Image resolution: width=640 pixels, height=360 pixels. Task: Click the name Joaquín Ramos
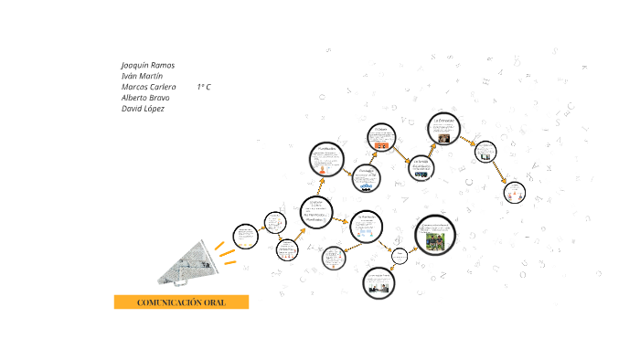(148, 66)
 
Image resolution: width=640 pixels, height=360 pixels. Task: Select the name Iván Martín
(142, 77)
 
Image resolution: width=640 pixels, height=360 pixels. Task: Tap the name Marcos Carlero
(149, 87)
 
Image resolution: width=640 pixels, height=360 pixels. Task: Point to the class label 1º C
(204, 87)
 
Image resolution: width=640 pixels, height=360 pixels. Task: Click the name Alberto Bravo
(145, 98)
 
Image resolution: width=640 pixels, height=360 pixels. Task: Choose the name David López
(143, 109)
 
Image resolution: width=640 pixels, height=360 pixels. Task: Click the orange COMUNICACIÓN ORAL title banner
(181, 302)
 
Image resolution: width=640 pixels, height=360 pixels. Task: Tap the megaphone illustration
(189, 263)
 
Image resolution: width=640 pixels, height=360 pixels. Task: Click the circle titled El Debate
(382, 140)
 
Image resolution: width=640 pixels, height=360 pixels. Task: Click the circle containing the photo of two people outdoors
(434, 236)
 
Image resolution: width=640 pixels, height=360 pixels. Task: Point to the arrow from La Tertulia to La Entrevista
(432, 150)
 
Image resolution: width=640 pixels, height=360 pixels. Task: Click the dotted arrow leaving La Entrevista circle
(468, 142)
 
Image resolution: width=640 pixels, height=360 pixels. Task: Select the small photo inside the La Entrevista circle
(444, 138)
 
